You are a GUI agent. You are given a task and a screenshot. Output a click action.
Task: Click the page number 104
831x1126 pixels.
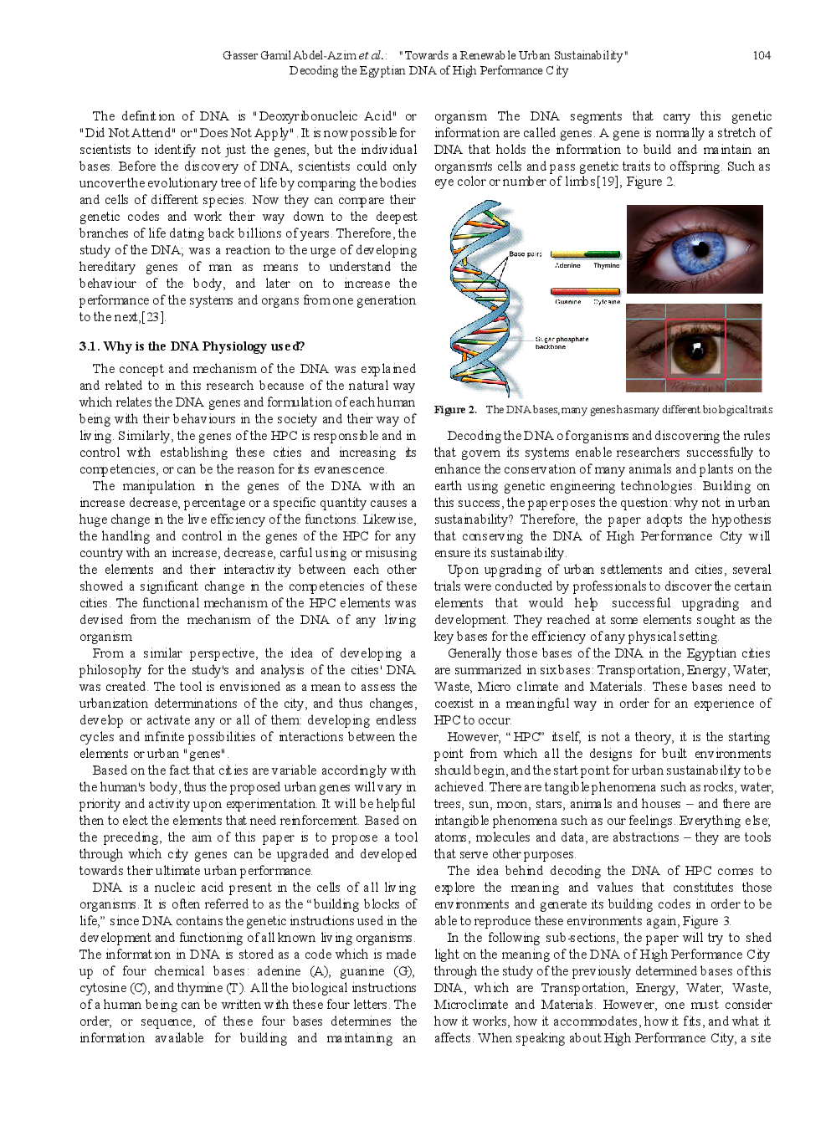point(762,55)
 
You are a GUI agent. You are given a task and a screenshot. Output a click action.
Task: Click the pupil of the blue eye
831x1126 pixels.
point(701,249)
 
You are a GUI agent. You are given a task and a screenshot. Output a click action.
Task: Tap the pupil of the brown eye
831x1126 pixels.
point(695,348)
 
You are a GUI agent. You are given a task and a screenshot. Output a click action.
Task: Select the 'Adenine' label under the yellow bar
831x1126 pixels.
point(567,265)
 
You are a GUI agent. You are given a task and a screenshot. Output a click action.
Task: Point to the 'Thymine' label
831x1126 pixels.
point(607,265)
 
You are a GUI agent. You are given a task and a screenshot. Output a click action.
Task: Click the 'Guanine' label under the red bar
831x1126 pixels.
point(568,302)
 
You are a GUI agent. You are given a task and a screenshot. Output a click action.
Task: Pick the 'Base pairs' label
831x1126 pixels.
point(526,253)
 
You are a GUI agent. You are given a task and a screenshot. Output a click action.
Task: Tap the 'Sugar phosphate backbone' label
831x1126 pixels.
point(562,343)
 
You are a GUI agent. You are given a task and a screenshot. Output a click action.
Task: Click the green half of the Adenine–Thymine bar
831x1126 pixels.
point(602,253)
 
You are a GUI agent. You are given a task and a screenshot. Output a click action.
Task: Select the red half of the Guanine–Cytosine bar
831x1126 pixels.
point(568,291)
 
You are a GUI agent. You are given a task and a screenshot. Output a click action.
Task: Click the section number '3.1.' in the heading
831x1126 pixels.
point(89,346)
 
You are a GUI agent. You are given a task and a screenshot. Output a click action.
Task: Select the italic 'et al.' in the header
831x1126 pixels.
point(372,55)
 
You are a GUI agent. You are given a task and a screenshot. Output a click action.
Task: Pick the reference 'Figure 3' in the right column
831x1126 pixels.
point(706,921)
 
